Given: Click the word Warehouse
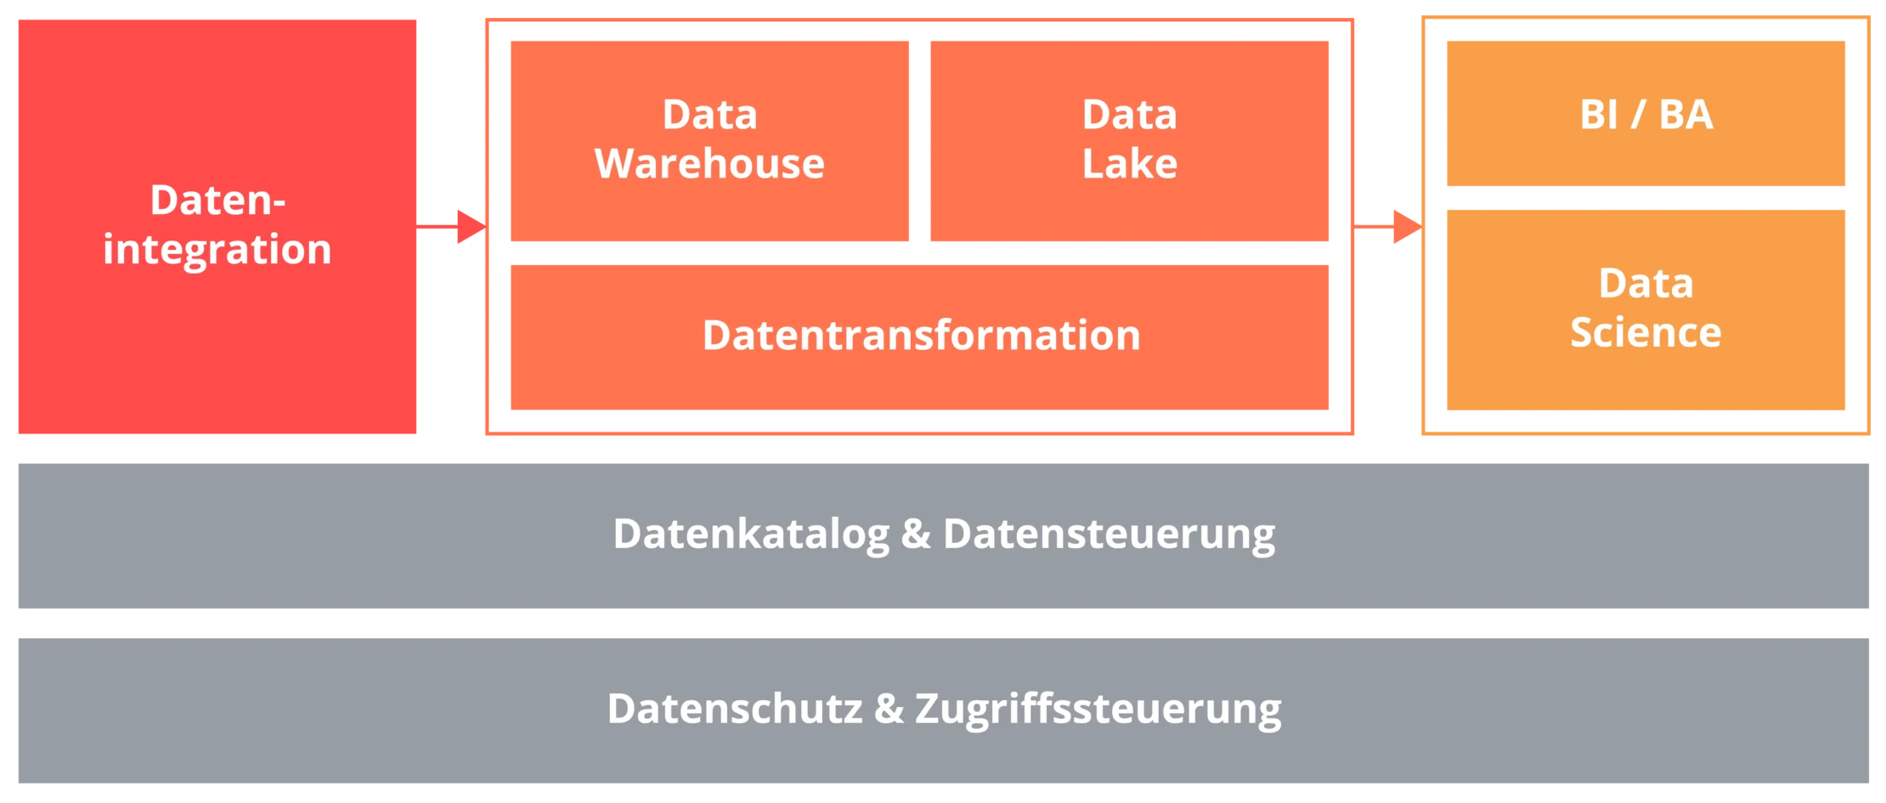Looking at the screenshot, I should [x=709, y=164].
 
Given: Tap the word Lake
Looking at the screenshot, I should [x=1129, y=164].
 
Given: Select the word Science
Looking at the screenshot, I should [x=1646, y=332].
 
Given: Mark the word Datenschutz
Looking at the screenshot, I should [x=735, y=709].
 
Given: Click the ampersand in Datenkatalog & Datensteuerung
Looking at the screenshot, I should [x=916, y=534].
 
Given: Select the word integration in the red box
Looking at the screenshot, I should [x=217, y=250].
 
